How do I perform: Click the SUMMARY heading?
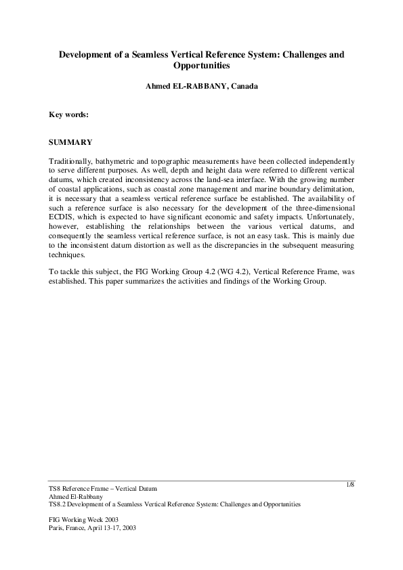70,143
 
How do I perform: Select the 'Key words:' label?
69,114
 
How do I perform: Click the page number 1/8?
349,484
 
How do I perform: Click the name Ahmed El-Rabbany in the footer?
75,497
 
